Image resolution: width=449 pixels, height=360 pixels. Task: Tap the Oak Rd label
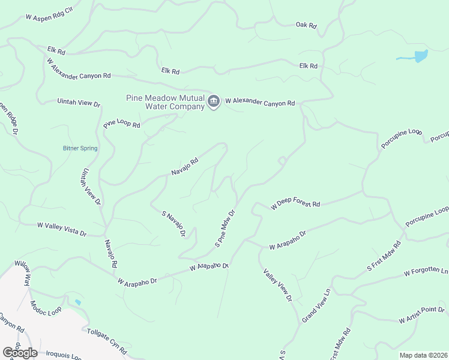(x=306, y=25)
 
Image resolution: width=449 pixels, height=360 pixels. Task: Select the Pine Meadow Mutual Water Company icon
(x=213, y=103)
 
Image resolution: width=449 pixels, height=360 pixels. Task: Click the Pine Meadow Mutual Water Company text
(x=164, y=103)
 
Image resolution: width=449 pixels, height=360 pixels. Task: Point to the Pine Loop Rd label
(x=121, y=125)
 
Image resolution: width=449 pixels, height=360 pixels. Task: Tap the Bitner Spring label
(x=80, y=148)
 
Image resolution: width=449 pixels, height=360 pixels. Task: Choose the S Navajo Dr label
(x=173, y=223)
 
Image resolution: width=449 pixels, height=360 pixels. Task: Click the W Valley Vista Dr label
(x=62, y=229)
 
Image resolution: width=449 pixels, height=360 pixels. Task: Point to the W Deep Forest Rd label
(x=295, y=204)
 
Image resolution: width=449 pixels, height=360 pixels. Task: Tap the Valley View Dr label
(x=277, y=285)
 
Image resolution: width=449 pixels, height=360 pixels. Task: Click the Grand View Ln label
(x=316, y=306)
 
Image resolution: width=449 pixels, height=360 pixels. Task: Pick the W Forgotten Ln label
(x=426, y=272)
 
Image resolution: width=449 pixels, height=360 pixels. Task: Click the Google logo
(x=20, y=353)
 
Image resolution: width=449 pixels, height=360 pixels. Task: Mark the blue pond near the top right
(x=420, y=56)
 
